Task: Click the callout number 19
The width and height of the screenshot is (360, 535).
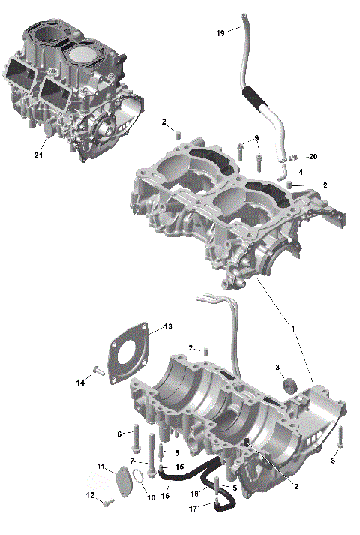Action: [x=220, y=34]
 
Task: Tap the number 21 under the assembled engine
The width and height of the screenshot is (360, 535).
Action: [x=38, y=155]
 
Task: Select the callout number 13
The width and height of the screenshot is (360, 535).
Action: [x=169, y=326]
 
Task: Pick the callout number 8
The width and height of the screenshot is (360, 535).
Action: [x=333, y=461]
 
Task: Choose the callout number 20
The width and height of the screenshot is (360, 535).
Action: [x=313, y=156]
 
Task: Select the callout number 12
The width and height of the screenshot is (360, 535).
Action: [x=91, y=495]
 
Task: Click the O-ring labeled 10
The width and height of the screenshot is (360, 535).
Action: [x=138, y=476]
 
